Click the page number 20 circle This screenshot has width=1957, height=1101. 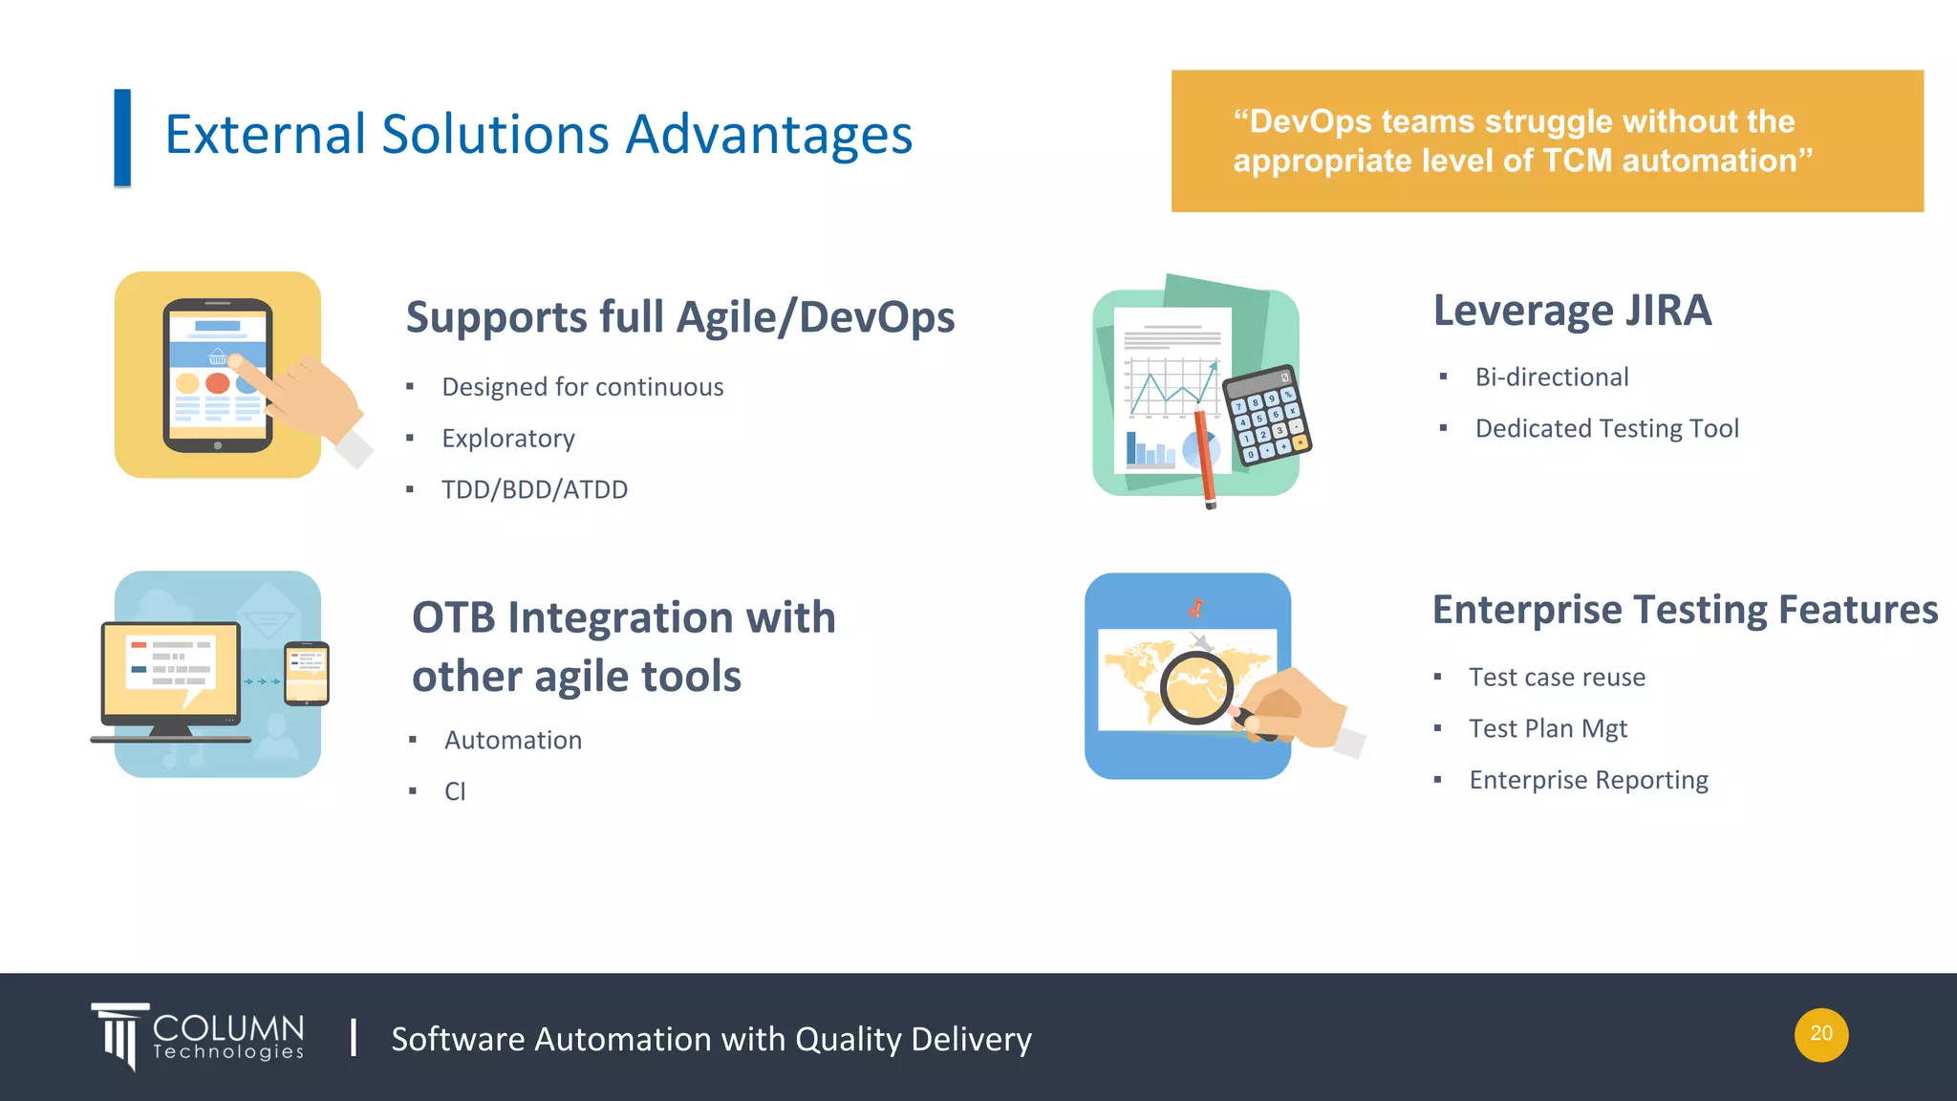1820,1034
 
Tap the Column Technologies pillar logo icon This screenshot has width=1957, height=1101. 120,1036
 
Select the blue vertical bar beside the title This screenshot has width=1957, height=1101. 122,138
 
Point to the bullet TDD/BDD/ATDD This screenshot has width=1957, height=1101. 534,489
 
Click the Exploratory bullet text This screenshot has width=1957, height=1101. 507,438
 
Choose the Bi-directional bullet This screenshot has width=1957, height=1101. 1551,377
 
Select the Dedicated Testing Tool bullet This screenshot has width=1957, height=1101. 1606,428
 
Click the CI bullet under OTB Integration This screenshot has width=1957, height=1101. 455,791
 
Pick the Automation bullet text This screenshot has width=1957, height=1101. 512,740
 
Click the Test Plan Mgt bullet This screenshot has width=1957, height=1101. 1547,728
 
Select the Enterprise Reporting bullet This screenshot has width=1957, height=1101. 1588,780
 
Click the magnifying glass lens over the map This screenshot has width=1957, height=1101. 1195,686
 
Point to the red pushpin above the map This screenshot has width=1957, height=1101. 1195,607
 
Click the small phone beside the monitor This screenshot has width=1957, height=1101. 307,673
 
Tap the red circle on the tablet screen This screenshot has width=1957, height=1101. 218,383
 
